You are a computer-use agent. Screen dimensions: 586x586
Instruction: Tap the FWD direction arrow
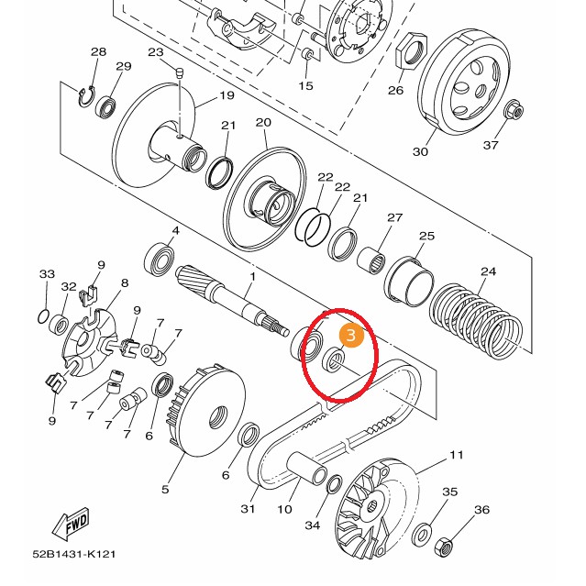[x=72, y=525]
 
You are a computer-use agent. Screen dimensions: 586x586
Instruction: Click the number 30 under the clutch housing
[x=421, y=151]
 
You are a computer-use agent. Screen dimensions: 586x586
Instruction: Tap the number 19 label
[x=226, y=96]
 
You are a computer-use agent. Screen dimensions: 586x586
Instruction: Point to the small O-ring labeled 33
[x=43, y=315]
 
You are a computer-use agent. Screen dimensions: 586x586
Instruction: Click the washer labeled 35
[x=424, y=534]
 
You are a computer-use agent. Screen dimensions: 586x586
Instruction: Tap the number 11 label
[x=456, y=455]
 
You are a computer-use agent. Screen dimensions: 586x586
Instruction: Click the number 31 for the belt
[x=248, y=509]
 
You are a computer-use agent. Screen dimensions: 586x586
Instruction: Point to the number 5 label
[x=165, y=489]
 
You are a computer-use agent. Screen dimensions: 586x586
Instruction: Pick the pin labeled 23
[x=181, y=73]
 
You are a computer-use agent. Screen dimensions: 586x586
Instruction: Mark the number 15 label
[x=306, y=85]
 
